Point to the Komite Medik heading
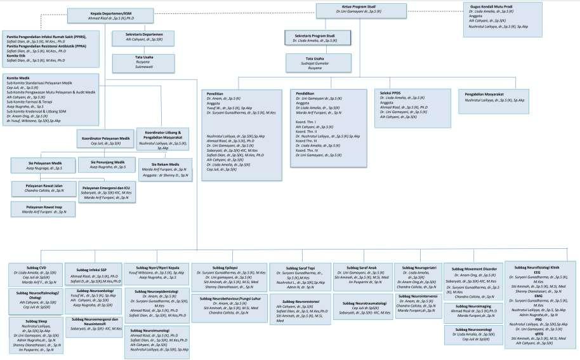(18, 78)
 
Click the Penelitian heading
(215, 93)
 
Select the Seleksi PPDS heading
(390, 93)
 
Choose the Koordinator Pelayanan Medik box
(107, 140)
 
